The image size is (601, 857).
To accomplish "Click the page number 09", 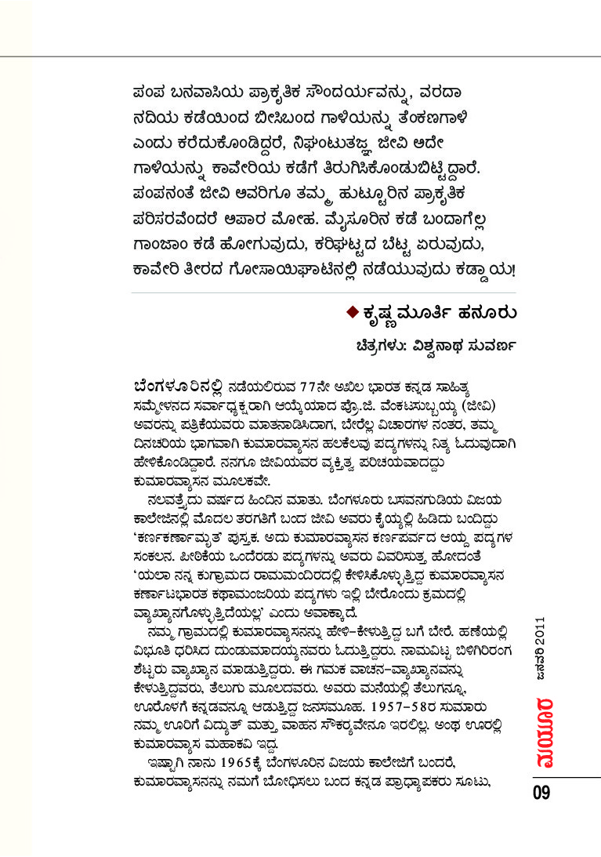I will pyautogui.click(x=541, y=792).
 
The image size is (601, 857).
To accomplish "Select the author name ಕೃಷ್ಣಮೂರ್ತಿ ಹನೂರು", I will pyautogui.click(x=438, y=313).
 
